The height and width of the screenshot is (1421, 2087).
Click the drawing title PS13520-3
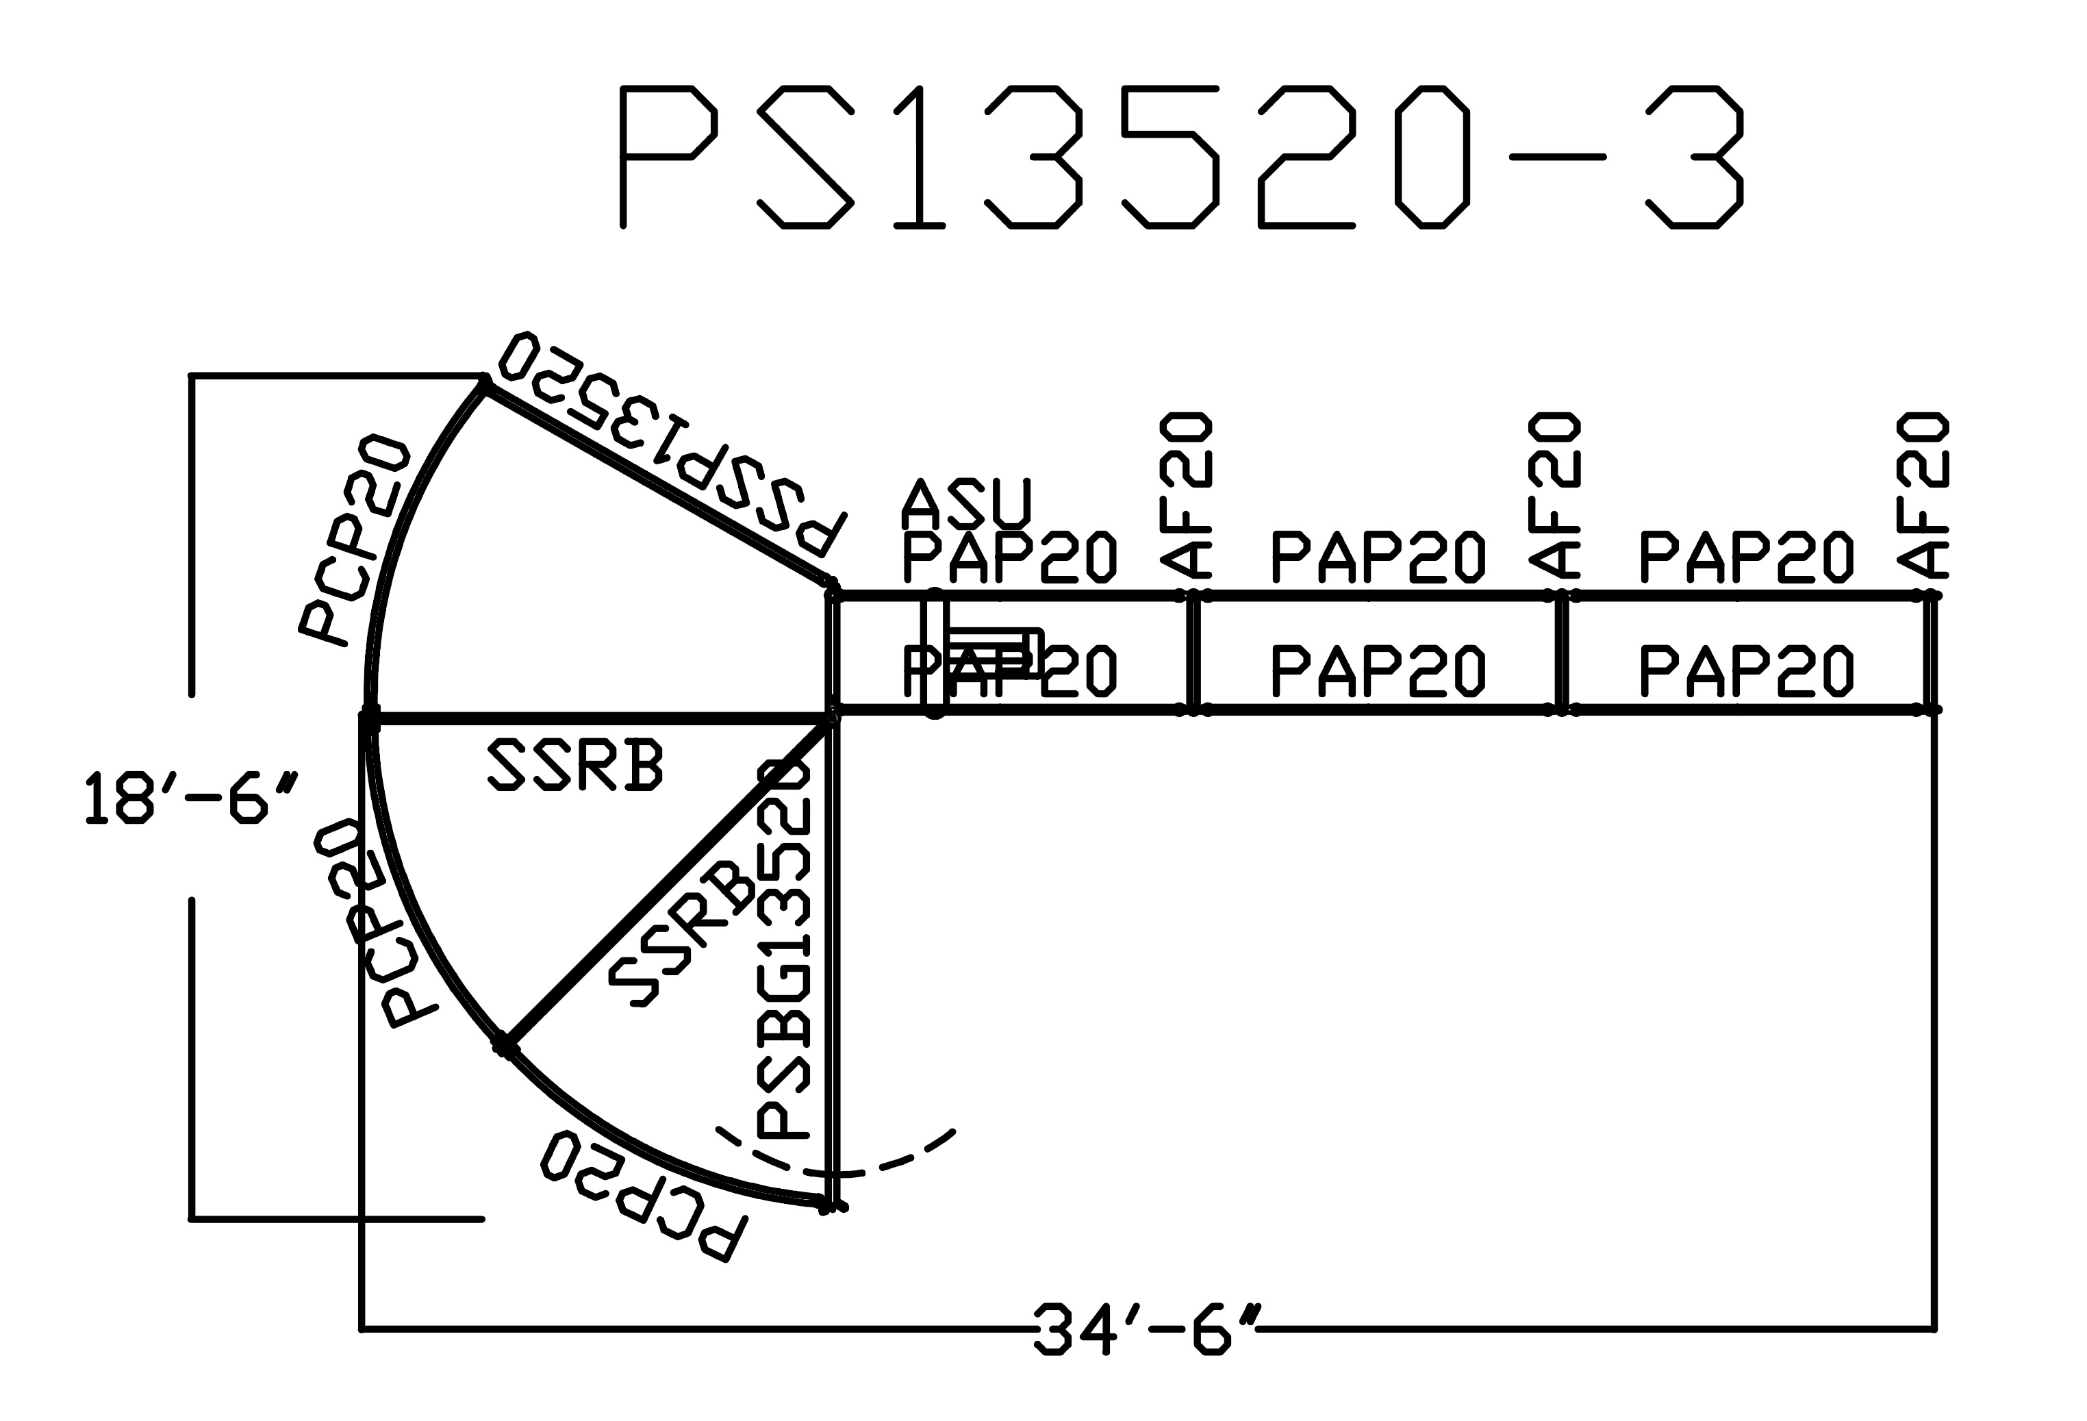[x=1181, y=158]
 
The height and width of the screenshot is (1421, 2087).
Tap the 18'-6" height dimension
[x=190, y=796]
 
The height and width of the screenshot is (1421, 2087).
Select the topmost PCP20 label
[x=354, y=539]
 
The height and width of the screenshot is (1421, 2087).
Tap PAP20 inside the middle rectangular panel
[x=1378, y=671]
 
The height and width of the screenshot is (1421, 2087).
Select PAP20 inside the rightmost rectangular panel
[x=1746, y=671]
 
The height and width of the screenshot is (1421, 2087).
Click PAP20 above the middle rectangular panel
[x=1378, y=557]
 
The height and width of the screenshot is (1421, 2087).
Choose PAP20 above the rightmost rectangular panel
[x=1746, y=557]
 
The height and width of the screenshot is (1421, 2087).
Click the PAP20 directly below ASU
[x=1009, y=557]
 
